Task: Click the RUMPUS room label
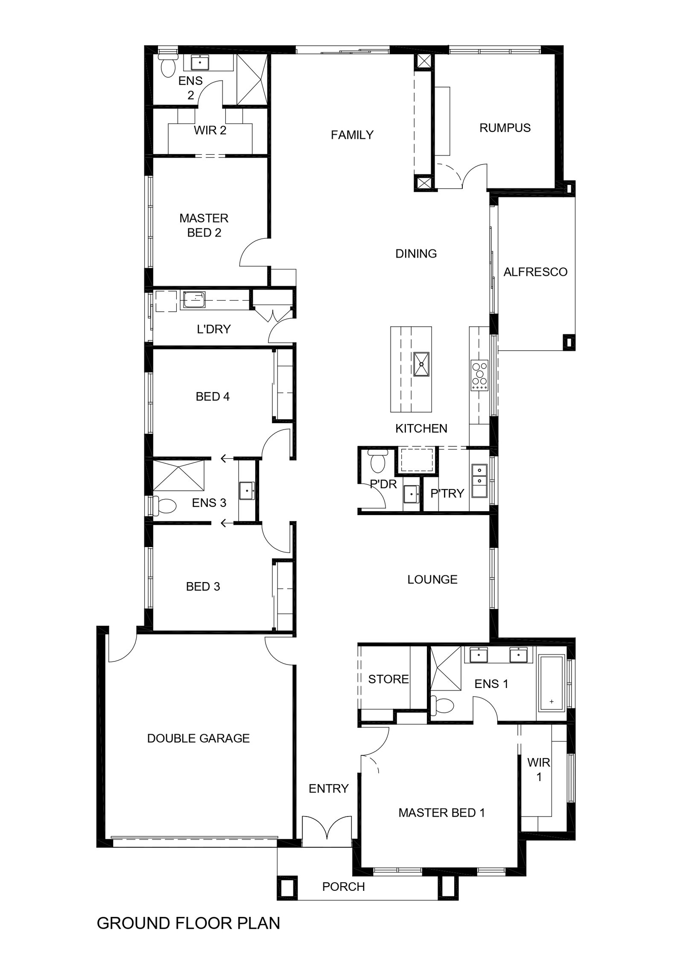[x=505, y=128]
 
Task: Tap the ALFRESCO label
[x=535, y=272]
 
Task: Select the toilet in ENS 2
[x=168, y=64]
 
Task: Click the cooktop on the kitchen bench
[x=479, y=375]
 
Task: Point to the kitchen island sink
[x=421, y=364]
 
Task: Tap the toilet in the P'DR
[x=377, y=461]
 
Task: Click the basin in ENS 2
[x=199, y=63]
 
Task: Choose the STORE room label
[x=388, y=679]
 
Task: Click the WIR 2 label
[x=210, y=130]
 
